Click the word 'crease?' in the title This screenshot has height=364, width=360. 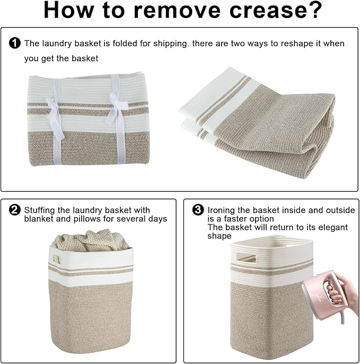click(x=275, y=10)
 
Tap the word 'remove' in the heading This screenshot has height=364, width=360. click(x=177, y=10)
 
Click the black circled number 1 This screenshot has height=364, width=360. click(x=15, y=43)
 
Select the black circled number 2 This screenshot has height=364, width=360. click(x=15, y=210)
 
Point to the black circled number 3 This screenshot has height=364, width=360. click(x=198, y=210)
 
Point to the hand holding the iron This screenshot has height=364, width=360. click(x=343, y=292)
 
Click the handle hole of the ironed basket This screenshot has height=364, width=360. click(x=247, y=258)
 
